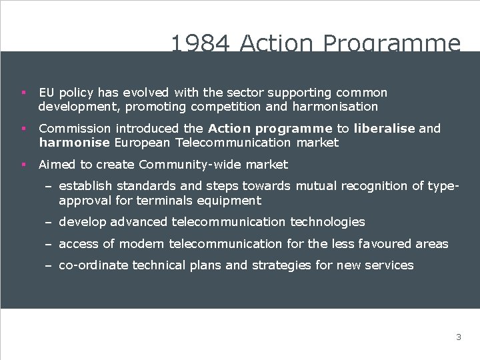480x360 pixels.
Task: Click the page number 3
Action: coord(458,337)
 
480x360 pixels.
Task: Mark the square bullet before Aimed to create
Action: coord(23,164)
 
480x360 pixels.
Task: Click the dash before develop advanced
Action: coord(49,222)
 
